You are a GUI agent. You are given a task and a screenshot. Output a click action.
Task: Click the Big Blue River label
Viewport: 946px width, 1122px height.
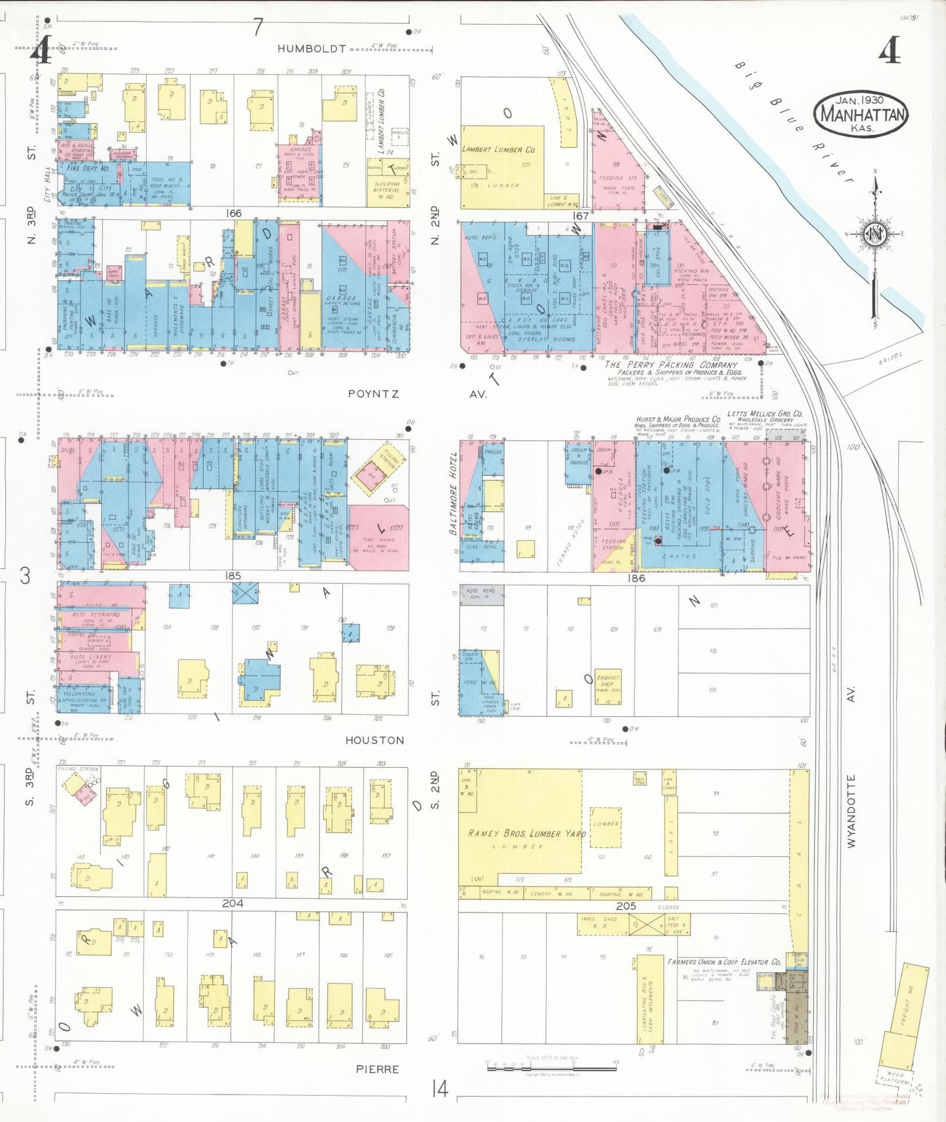[792, 122]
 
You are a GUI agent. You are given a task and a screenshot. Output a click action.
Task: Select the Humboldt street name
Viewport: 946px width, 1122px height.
[311, 48]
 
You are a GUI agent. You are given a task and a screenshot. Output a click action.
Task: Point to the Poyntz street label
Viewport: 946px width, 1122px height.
[373, 394]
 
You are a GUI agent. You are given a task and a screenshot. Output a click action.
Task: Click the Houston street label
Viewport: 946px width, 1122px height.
[374, 740]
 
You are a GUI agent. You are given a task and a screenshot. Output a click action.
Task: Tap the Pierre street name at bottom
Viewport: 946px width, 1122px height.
[377, 1069]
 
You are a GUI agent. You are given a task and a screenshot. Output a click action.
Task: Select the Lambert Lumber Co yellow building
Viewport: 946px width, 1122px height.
[501, 167]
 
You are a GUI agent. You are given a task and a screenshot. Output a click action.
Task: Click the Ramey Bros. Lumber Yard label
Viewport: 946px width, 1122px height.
[526, 833]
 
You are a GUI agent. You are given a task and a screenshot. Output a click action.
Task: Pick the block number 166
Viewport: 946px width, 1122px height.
[233, 213]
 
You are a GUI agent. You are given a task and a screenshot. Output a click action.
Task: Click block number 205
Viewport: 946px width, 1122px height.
[626, 906]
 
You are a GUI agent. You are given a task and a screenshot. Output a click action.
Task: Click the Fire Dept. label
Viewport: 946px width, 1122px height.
[87, 168]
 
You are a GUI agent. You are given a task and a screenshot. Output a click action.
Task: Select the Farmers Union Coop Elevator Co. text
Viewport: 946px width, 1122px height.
[723, 962]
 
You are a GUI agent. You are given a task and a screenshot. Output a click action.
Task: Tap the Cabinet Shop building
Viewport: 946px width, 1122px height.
[608, 685]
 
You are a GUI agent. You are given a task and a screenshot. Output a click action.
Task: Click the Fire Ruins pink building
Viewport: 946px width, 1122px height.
[378, 537]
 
